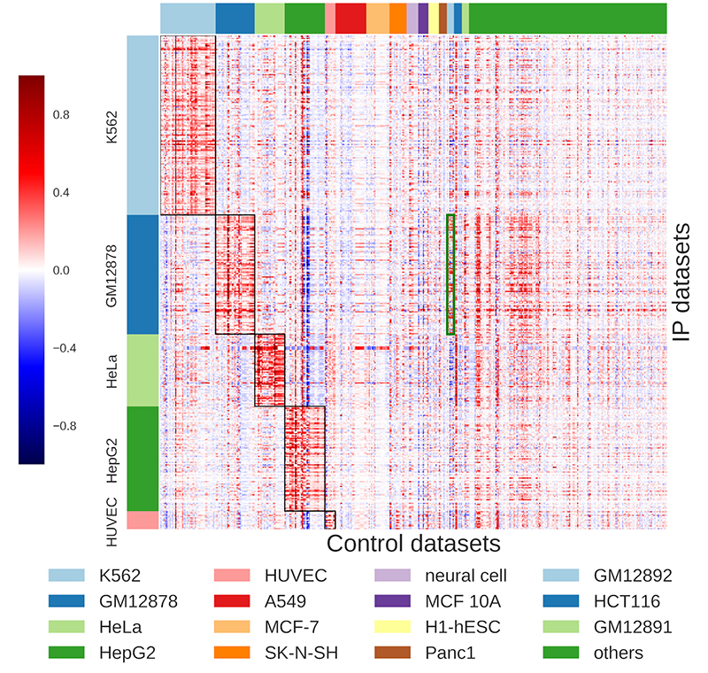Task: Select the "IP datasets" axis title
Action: click(x=681, y=281)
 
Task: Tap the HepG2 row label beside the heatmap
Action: click(x=112, y=459)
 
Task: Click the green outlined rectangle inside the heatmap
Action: click(x=450, y=275)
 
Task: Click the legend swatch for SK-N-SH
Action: click(x=249, y=653)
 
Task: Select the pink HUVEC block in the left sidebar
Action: click(x=142, y=520)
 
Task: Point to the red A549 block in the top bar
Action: click(x=350, y=18)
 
